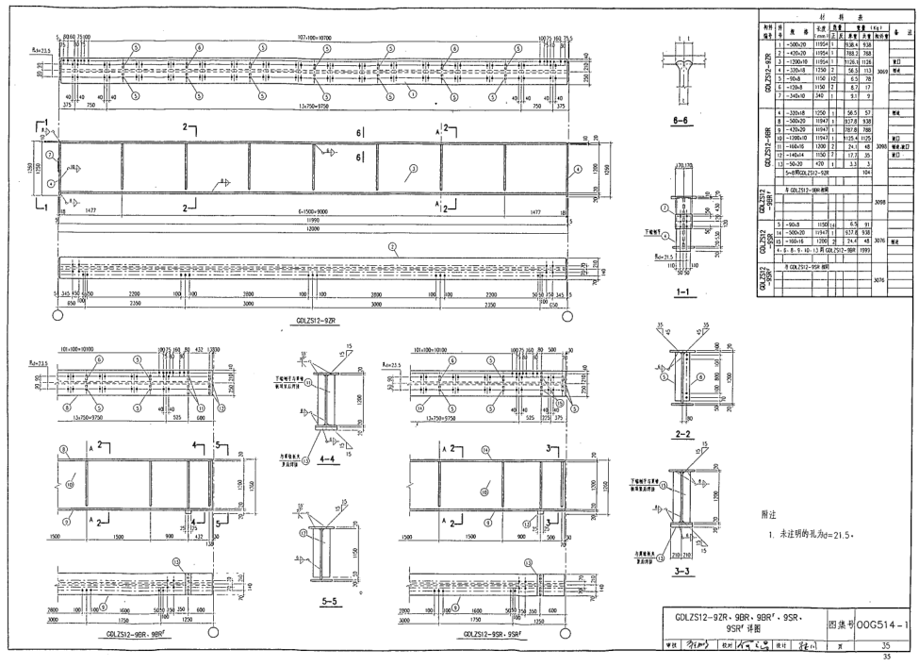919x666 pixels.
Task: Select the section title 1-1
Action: [x=686, y=292]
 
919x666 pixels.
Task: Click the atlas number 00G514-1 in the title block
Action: [x=882, y=624]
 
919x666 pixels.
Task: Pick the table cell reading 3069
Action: [x=880, y=71]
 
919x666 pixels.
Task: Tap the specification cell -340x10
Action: [x=796, y=96]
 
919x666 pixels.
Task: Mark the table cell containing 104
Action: [x=865, y=174]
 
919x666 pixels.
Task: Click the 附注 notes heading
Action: [x=768, y=515]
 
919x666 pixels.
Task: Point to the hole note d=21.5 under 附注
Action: [x=812, y=535]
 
